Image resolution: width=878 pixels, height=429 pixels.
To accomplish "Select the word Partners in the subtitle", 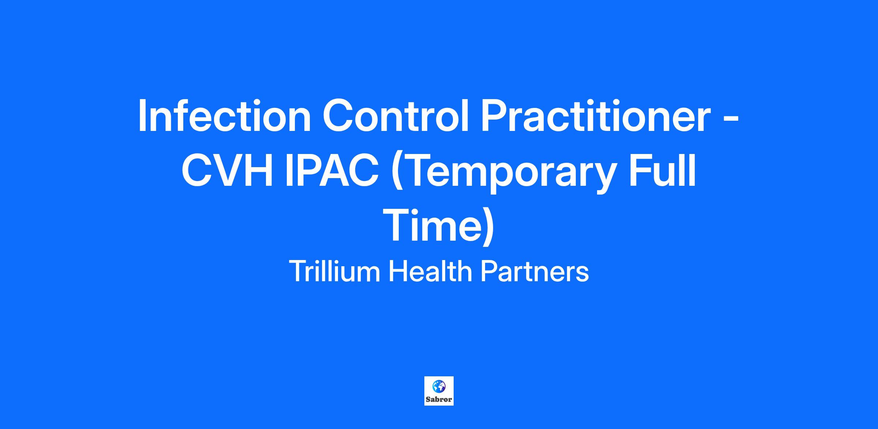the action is tap(534, 272).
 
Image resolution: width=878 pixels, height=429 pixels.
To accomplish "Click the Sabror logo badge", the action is tap(439, 391).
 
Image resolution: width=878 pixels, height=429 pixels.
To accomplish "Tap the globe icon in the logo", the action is tap(439, 386).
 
